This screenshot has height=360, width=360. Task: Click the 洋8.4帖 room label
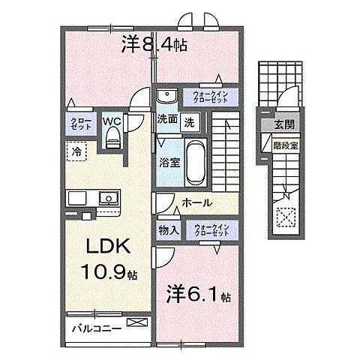coord(154,45)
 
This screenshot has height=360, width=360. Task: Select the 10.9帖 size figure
coord(109,274)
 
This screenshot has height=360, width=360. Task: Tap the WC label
coord(112,120)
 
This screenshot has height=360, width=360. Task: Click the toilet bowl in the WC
coord(113,138)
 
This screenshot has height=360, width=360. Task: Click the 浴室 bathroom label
coord(168,160)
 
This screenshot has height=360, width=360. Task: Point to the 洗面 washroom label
coord(166,118)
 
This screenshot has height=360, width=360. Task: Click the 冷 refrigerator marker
coord(77,151)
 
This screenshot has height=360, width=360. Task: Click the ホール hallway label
coord(197,203)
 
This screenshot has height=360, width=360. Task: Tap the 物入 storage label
coord(168,230)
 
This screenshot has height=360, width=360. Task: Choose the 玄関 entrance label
coord(283,125)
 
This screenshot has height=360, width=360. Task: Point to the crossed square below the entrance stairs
coord(286,217)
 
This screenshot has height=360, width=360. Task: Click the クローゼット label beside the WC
coord(81,124)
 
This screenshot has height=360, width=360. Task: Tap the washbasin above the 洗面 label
coord(166,94)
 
